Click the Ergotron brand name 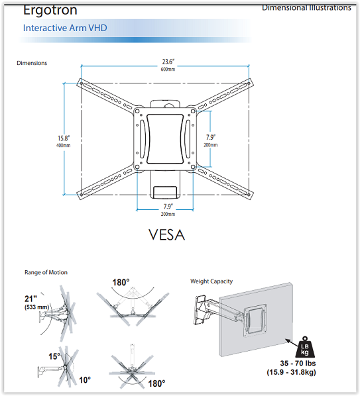(50, 10)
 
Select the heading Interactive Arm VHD (65, 28)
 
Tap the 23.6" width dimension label (168, 62)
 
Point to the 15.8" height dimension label (64, 138)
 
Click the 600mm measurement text (168, 69)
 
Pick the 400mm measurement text (64, 146)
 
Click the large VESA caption (167, 234)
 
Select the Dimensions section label (32, 63)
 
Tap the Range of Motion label (46, 272)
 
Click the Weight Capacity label (211, 281)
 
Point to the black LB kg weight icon (305, 347)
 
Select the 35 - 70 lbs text (298, 364)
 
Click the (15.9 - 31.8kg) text (291, 372)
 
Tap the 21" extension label (31, 299)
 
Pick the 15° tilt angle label (54, 356)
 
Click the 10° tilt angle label (85, 380)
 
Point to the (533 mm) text (36, 307)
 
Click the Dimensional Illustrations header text (307, 7)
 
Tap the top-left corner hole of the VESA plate (137, 111)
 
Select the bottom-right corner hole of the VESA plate (193, 167)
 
